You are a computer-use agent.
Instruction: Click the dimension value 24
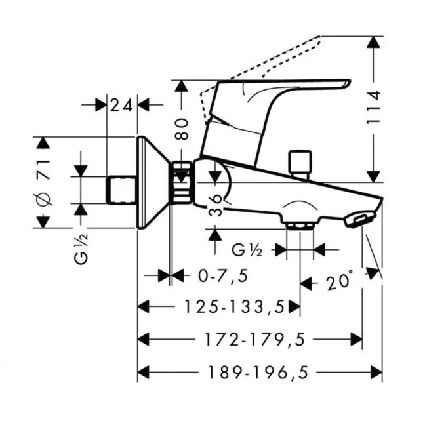pyautogui.click(x=121, y=104)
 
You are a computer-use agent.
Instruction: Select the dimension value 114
pyautogui.click(x=374, y=108)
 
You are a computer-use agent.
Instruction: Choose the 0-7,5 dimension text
pyautogui.click(x=223, y=276)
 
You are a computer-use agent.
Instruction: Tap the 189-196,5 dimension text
pyautogui.click(x=258, y=373)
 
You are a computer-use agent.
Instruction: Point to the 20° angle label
pyautogui.click(x=340, y=283)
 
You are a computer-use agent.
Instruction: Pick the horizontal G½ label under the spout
pyautogui.click(x=249, y=249)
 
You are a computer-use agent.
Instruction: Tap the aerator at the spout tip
pyautogui.click(x=359, y=218)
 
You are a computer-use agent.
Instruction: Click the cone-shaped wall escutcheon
pyautogui.click(x=152, y=184)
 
